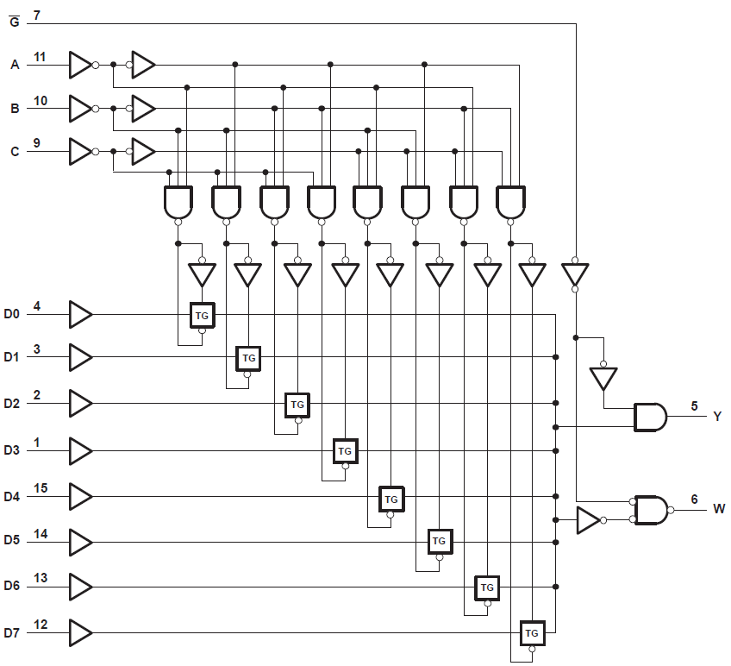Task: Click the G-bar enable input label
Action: [x=13, y=19]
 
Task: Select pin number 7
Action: [x=36, y=16]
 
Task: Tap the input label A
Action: [x=14, y=65]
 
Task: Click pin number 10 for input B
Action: [x=40, y=101]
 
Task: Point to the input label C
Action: [x=14, y=152]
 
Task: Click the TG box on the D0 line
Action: [x=202, y=316]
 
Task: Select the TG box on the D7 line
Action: [x=532, y=633]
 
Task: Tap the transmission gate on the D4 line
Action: [x=391, y=499]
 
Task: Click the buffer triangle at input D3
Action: [x=79, y=450]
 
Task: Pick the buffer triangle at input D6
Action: [x=79, y=587]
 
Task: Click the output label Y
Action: [x=716, y=417]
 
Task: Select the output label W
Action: [x=717, y=509]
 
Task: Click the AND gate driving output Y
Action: [x=650, y=418]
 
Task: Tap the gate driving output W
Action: [x=650, y=510]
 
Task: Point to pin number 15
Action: [x=40, y=488]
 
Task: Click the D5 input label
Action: [x=11, y=542]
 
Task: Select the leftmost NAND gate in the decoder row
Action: [x=178, y=203]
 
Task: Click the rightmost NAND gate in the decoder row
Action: [x=510, y=203]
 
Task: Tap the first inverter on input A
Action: [x=79, y=64]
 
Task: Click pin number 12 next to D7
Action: [x=40, y=624]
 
